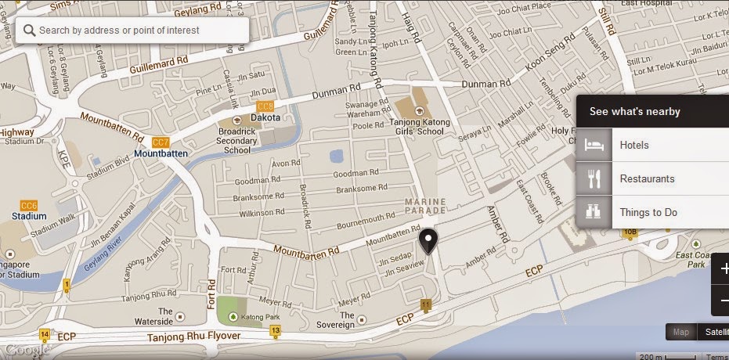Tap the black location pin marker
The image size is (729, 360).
tap(428, 241)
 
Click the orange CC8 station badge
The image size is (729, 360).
tap(265, 106)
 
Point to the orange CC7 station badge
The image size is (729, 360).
tap(161, 142)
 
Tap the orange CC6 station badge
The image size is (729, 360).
tap(29, 205)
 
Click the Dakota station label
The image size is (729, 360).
tap(265, 118)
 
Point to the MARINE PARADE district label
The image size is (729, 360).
tap(425, 206)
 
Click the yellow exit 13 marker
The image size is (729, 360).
tap(275, 331)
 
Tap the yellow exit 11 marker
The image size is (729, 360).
tap(425, 304)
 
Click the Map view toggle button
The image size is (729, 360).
tap(681, 332)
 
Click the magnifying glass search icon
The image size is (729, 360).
tap(29, 31)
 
